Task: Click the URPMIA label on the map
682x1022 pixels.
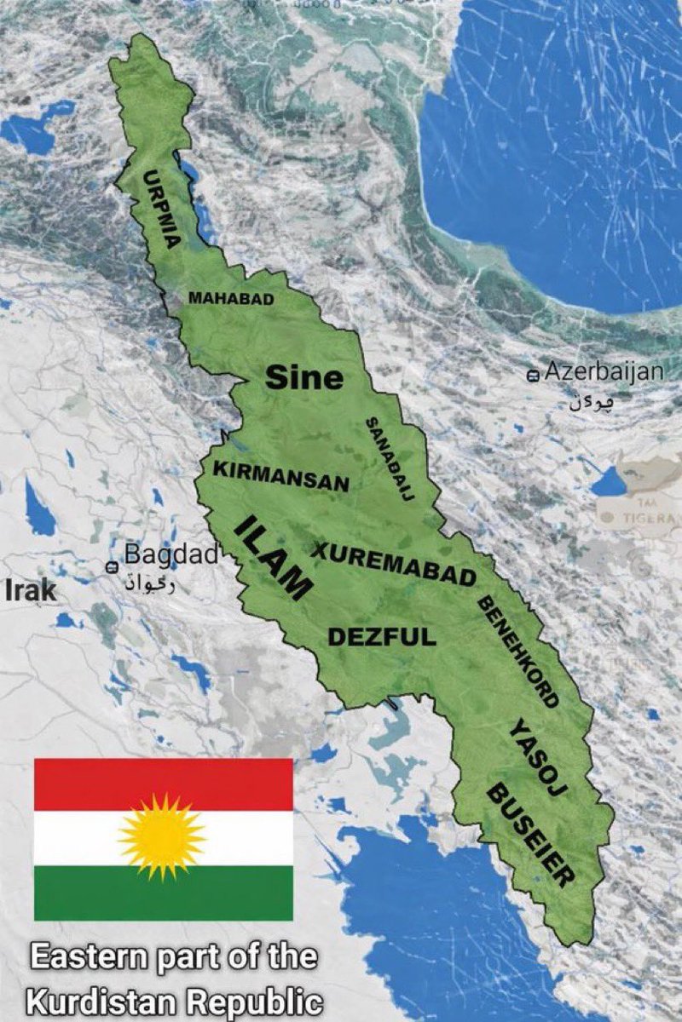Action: tap(161, 210)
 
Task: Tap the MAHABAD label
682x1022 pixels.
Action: tap(231, 299)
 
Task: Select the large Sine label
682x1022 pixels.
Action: tap(304, 377)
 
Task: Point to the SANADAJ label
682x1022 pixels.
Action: tap(390, 460)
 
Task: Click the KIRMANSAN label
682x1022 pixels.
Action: tap(280, 477)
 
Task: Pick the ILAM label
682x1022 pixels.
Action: tap(272, 558)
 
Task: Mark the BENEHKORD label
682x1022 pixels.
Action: tap(517, 652)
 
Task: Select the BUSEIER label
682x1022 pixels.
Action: tap(529, 835)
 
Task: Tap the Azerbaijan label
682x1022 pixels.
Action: tap(604, 371)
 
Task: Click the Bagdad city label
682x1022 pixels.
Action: tap(171, 554)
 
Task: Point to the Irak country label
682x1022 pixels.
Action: tap(30, 590)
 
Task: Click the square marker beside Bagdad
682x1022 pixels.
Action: tap(112, 566)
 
